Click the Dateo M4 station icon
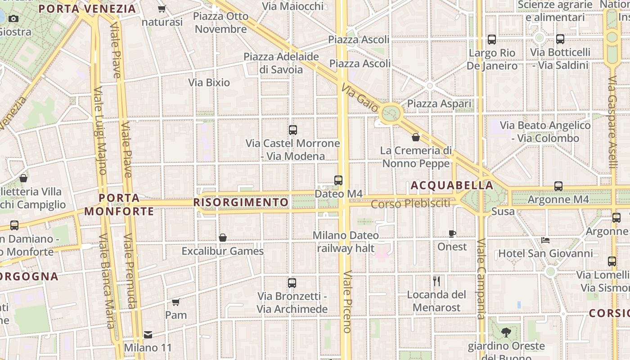click(338, 180)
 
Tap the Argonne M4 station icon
click(558, 186)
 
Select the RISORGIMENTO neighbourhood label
click(241, 202)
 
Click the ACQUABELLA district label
click(452, 185)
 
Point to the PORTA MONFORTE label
click(119, 205)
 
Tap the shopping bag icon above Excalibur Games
click(222, 238)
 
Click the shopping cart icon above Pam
click(176, 302)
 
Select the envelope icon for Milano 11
click(148, 335)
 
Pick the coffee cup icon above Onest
click(452, 234)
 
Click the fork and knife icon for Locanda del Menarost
click(436, 281)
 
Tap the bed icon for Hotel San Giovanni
click(545, 240)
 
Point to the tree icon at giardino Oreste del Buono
click(506, 333)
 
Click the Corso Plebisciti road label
click(410, 203)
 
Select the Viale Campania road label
click(481, 279)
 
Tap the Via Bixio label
click(209, 83)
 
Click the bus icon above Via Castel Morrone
click(293, 130)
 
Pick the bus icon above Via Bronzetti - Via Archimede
click(292, 283)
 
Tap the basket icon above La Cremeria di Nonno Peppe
click(416, 137)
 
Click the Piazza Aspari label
click(439, 104)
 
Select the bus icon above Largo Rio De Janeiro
click(492, 40)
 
